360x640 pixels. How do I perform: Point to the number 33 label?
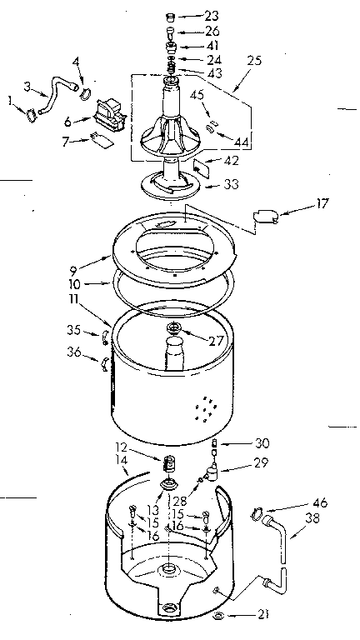[227, 186]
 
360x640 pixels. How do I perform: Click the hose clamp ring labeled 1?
[30, 115]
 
